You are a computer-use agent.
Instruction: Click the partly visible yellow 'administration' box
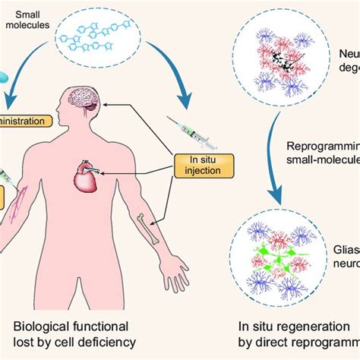click(23, 121)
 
